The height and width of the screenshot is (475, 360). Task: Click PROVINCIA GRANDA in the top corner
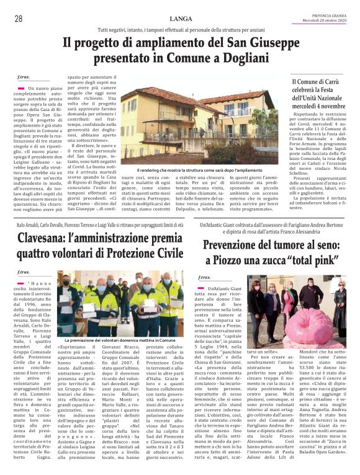tap(329, 14)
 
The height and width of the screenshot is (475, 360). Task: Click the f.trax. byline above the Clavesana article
tap(23, 272)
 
